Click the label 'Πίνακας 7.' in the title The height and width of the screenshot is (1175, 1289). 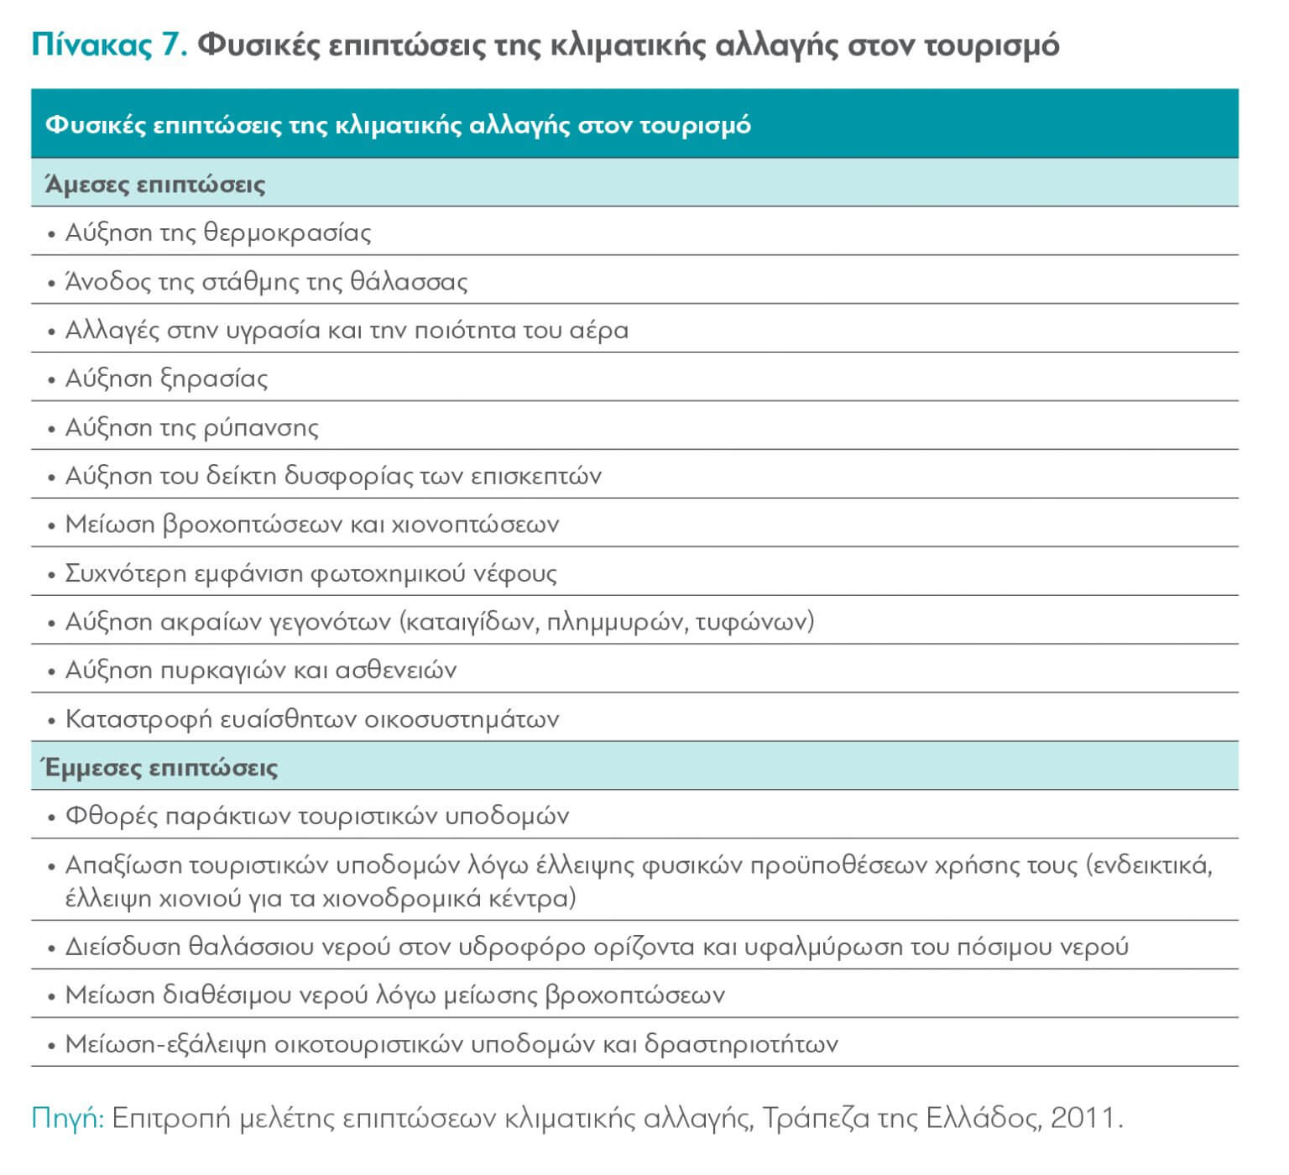coord(108,44)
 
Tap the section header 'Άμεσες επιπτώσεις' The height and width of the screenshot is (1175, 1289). coord(155,184)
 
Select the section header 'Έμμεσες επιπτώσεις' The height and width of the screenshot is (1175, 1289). coord(161,767)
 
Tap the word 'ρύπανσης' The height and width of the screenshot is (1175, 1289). coord(261,427)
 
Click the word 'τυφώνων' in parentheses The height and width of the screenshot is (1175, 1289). coord(754,622)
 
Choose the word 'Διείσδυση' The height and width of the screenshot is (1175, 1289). coord(123,947)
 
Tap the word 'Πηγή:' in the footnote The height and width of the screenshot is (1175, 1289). coord(67,1118)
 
